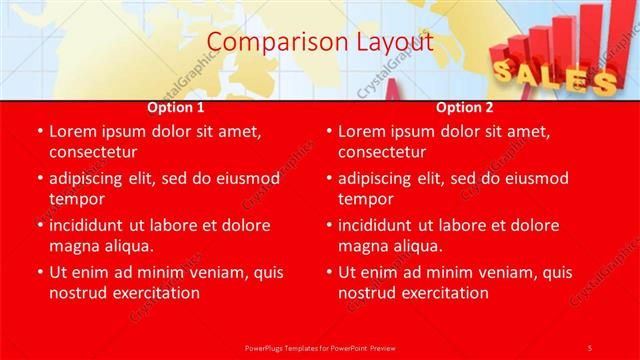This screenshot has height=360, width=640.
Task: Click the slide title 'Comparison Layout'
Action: pyautogui.click(x=320, y=42)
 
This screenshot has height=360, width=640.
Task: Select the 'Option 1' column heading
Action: pyautogui.click(x=176, y=107)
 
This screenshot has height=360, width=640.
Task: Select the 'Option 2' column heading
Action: pyautogui.click(x=465, y=107)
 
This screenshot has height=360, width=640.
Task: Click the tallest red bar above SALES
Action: pyautogui.click(x=596, y=30)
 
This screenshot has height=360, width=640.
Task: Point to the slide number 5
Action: pyautogui.click(x=590, y=347)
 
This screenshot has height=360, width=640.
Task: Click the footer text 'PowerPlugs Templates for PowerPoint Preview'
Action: pyautogui.click(x=320, y=347)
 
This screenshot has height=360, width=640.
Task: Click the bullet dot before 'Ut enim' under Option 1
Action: pyautogui.click(x=39, y=272)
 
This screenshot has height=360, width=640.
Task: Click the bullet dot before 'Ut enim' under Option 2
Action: pyautogui.click(x=328, y=272)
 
